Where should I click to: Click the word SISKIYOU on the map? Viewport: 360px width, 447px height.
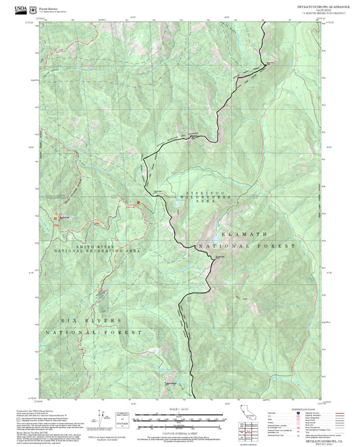coord(201,193)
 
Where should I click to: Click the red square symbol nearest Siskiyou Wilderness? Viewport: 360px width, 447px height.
coord(139,202)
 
